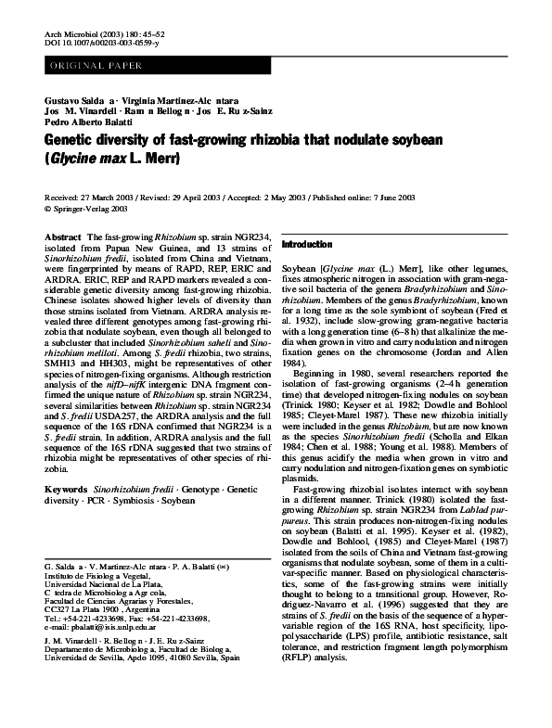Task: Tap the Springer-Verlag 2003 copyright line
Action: pyautogui.click(x=93, y=208)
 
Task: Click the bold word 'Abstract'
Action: pyautogui.click(x=62, y=238)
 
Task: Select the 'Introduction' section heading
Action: pyautogui.click(x=306, y=244)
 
